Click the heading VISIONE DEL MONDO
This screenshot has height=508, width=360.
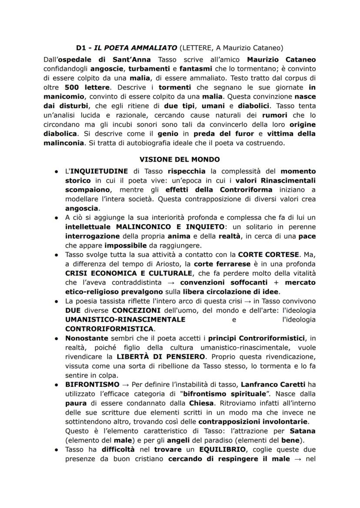click(x=180, y=159)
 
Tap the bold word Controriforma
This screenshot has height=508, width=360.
click(x=247, y=189)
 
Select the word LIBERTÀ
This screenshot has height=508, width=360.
click(x=129, y=357)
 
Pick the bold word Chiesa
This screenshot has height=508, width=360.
click(x=197, y=404)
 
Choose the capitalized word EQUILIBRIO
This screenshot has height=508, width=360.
click(x=211, y=450)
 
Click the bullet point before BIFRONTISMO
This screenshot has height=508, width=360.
click(x=57, y=385)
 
